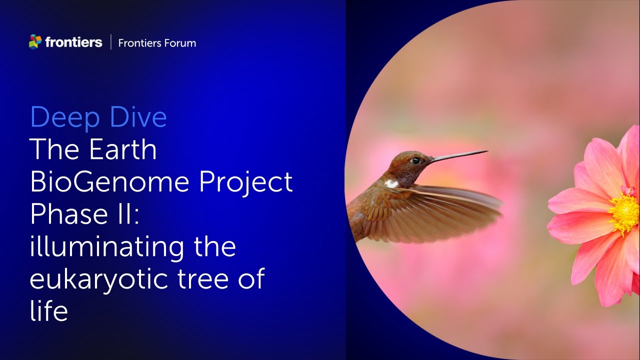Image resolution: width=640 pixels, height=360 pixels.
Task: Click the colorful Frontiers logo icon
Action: tap(35, 42)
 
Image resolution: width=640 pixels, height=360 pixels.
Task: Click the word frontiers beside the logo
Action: tap(73, 42)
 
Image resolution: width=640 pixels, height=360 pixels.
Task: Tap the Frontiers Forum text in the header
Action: tap(157, 43)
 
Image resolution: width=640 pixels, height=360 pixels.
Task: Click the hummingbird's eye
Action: tap(415, 161)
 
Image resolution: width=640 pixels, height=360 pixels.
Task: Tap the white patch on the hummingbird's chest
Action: tap(391, 183)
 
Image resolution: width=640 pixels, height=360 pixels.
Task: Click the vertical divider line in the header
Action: tap(110, 42)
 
